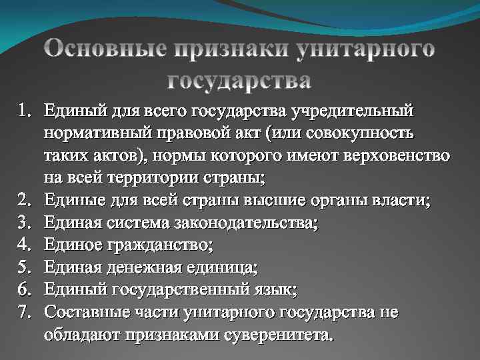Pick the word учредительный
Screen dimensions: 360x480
click(364, 108)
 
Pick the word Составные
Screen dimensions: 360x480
click(86, 313)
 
